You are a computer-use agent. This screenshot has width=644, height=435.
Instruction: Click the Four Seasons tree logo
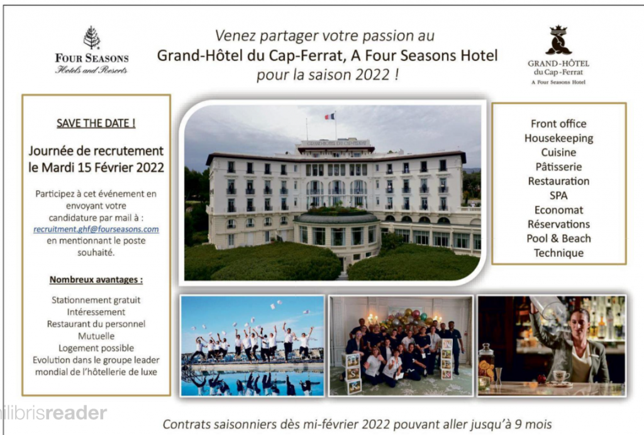[x=92, y=38]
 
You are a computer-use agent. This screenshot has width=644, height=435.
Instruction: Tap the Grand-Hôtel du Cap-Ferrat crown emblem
[x=558, y=40]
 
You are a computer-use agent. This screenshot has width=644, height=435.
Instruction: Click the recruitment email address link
[x=96, y=229]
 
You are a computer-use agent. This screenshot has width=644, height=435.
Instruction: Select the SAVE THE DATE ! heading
[x=96, y=123]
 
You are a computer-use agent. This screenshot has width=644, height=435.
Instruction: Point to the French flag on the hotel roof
[x=330, y=116]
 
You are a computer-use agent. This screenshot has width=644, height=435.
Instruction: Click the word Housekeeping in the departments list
[x=558, y=138]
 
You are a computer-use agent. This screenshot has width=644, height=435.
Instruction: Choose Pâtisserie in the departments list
[x=558, y=167]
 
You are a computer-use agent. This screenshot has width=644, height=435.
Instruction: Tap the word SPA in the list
[x=558, y=195]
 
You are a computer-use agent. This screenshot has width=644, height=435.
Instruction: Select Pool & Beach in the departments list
[x=558, y=239]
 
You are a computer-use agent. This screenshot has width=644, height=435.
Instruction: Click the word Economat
[x=558, y=210]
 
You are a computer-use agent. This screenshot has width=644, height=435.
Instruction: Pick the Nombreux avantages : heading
[x=96, y=280]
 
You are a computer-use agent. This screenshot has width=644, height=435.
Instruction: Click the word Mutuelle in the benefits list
[x=96, y=336]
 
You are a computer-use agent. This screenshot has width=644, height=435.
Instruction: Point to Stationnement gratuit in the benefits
[x=96, y=300]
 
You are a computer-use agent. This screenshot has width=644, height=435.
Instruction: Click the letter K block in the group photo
[x=354, y=387]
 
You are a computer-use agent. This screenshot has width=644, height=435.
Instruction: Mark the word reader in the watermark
[x=76, y=413]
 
